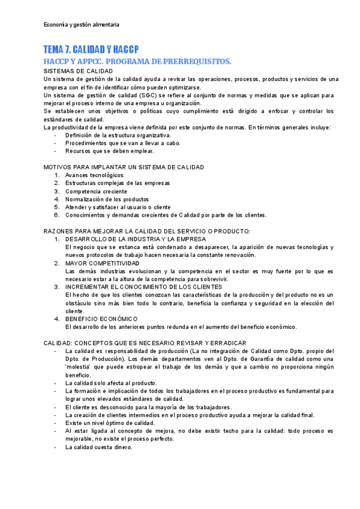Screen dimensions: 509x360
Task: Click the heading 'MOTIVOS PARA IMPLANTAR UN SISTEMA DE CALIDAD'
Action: coord(124,167)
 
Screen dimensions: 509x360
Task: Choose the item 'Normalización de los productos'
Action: coord(107,199)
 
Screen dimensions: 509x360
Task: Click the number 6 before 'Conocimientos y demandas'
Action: coord(56,215)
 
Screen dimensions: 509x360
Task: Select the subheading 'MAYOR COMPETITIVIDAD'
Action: coord(102,263)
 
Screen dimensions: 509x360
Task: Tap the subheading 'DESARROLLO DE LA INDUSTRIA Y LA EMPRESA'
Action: coord(136,239)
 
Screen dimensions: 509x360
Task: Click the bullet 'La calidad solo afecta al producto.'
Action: coord(111,383)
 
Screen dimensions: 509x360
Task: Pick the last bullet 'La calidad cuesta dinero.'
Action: coord(98,447)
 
